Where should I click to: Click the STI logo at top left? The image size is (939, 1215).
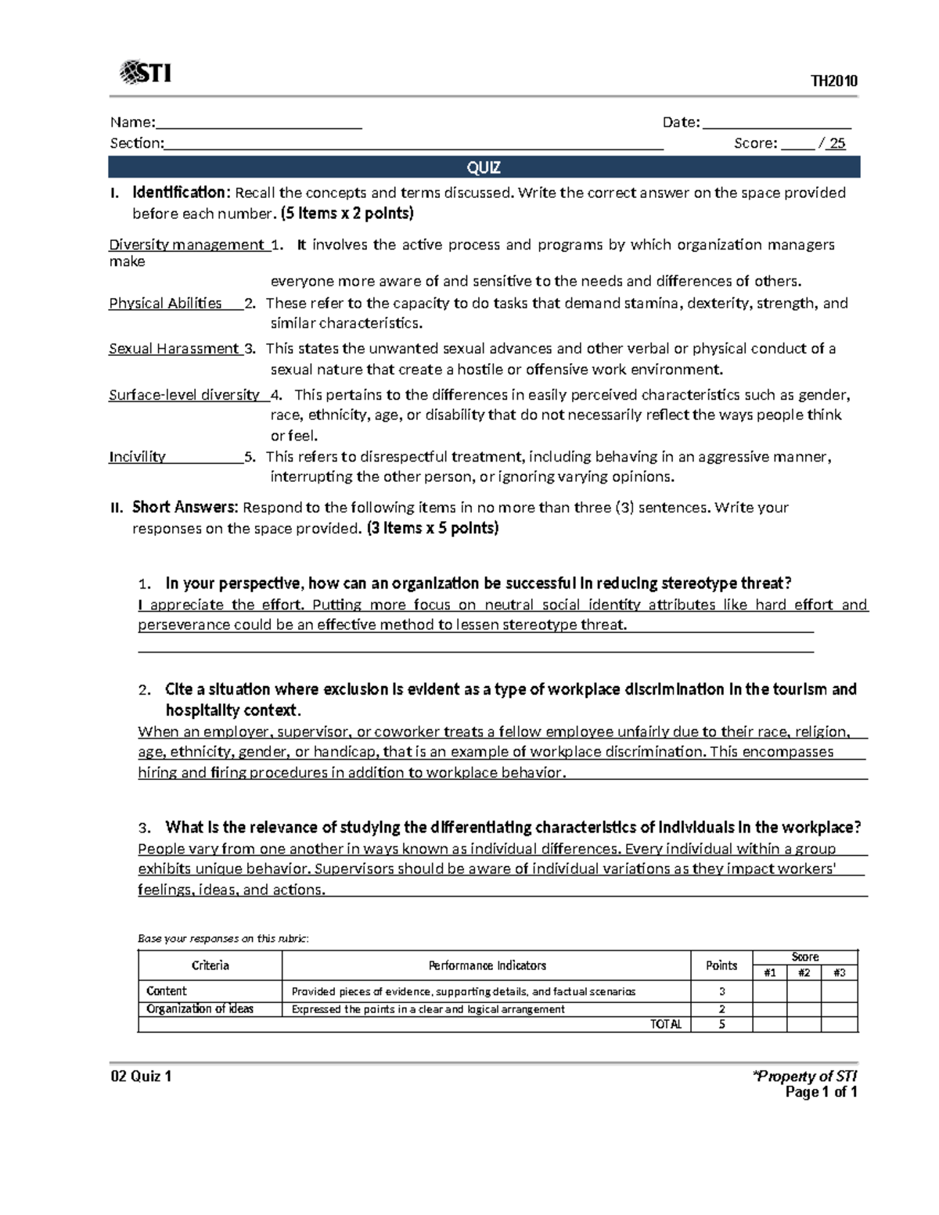[x=146, y=74]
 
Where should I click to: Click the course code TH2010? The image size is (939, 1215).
[x=834, y=81]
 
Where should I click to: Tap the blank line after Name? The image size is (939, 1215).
[x=258, y=123]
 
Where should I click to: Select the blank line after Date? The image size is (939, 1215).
[x=776, y=123]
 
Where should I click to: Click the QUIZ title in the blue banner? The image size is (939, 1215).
[x=484, y=167]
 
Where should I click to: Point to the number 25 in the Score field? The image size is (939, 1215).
[x=837, y=143]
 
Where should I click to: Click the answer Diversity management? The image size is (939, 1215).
[x=186, y=245]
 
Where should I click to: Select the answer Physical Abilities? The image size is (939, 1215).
[x=165, y=304]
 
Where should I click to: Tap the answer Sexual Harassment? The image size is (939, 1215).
[x=174, y=349]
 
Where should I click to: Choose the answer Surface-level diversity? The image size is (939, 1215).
[x=184, y=395]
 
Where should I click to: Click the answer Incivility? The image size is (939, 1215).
[x=137, y=457]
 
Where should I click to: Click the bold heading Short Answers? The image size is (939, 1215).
[x=185, y=507]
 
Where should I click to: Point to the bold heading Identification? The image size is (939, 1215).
[x=182, y=192]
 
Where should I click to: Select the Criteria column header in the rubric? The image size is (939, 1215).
[x=210, y=965]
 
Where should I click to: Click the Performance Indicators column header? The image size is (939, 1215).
[x=487, y=965]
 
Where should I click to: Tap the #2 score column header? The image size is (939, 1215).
[x=804, y=972]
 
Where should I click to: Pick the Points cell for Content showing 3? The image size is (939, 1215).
[x=721, y=991]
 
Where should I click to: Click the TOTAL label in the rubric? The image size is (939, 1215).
[x=665, y=1024]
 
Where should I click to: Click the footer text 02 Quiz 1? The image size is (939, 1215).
[x=141, y=1077]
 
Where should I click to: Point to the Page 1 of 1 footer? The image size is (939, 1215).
[x=821, y=1092]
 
